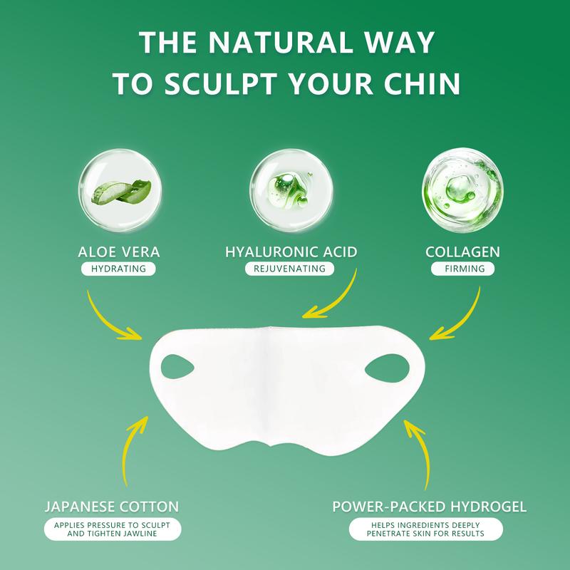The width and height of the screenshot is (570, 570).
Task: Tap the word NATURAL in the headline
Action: [277, 42]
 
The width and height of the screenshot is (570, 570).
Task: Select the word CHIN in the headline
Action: [420, 83]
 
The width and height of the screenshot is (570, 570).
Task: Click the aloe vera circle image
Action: [118, 187]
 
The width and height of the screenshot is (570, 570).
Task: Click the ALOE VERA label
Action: [119, 252]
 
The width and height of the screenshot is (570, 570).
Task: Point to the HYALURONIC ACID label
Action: [291, 252]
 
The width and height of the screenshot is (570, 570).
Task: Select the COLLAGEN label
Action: [462, 252]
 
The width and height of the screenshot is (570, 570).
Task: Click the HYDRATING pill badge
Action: [119, 269]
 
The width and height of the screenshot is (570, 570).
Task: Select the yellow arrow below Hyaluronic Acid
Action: [333, 298]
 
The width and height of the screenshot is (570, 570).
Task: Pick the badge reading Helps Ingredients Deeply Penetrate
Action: [426, 529]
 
